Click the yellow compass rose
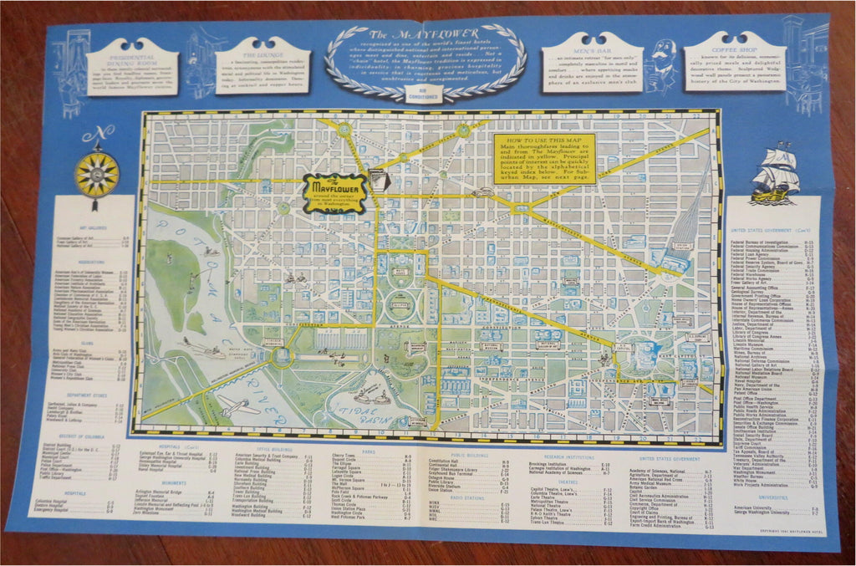97,173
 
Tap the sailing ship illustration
775,173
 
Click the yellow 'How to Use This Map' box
543,158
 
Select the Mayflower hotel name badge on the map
334,192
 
